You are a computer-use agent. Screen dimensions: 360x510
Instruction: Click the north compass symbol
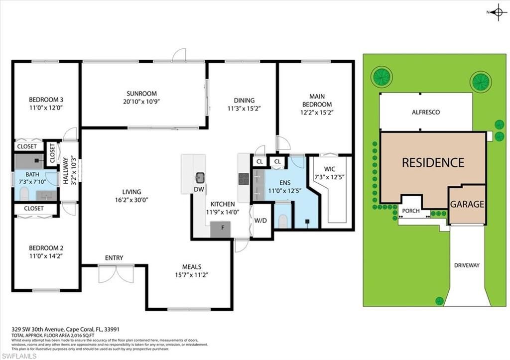click(x=498, y=12)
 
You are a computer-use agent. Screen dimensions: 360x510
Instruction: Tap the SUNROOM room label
click(x=141, y=94)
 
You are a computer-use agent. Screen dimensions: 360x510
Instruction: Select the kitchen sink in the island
click(x=200, y=177)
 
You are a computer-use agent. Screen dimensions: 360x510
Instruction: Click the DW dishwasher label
click(x=198, y=190)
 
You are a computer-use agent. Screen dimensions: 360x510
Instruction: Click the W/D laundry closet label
click(x=260, y=220)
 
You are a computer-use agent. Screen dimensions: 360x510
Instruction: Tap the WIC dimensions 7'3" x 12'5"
click(x=329, y=176)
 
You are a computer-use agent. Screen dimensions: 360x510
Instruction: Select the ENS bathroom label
click(x=284, y=183)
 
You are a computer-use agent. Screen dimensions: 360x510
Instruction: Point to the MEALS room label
click(x=191, y=267)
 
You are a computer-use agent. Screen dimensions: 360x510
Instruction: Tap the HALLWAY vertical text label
click(x=65, y=171)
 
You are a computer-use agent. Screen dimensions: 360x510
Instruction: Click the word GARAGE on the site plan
click(x=467, y=204)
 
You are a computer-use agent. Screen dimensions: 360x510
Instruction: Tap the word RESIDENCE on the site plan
click(x=433, y=162)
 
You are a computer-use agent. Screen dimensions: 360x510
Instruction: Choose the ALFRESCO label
click(x=425, y=113)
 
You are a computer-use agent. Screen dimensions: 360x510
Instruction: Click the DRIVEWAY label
click(x=467, y=265)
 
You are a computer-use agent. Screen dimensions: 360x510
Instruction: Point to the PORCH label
click(x=411, y=211)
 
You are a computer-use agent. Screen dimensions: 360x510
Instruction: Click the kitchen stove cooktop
click(x=244, y=179)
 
